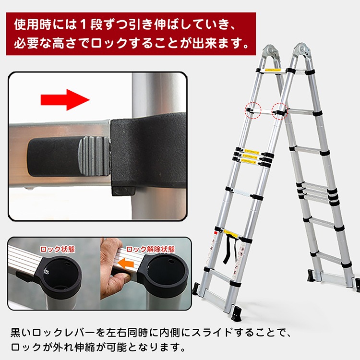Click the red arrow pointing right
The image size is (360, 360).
(65, 100)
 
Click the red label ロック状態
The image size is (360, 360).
(58, 249)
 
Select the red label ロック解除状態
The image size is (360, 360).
(150, 249)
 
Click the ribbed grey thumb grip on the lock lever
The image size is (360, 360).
(94, 156)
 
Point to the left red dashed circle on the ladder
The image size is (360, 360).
(253, 110)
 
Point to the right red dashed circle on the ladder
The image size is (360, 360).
(280, 111)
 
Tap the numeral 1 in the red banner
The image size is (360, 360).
(84, 24)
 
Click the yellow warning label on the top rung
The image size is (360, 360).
(273, 70)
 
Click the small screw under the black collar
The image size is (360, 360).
(123, 190)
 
